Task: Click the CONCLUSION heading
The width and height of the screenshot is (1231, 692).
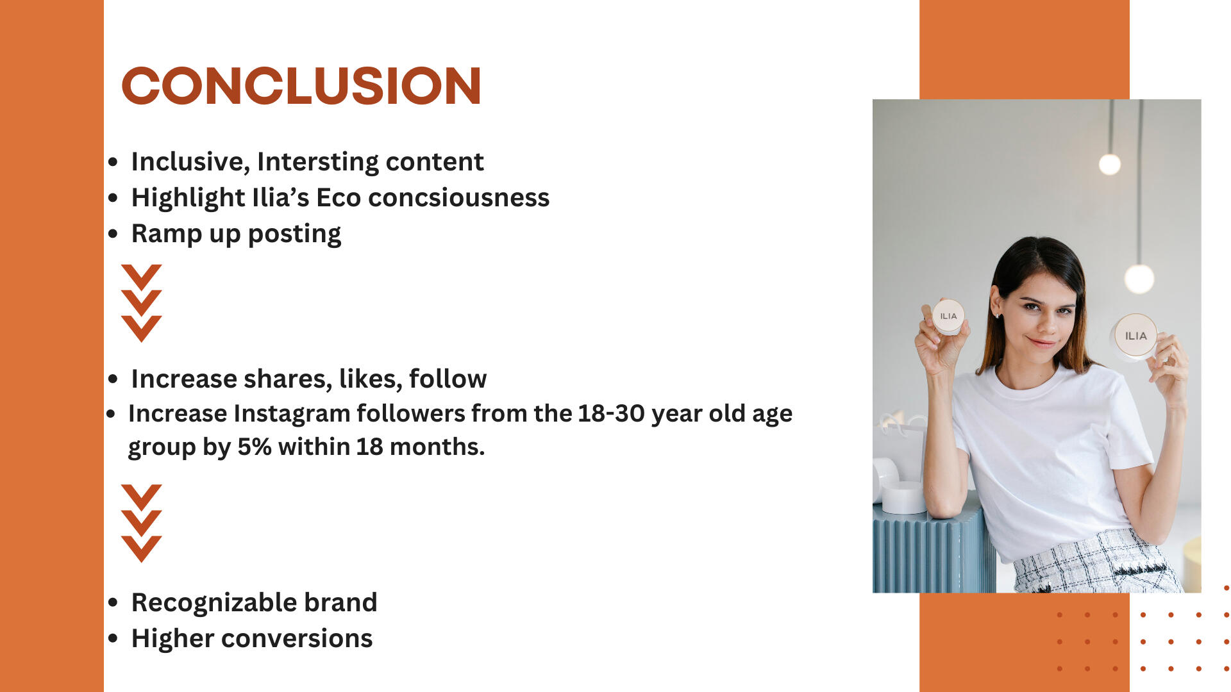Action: tap(301, 86)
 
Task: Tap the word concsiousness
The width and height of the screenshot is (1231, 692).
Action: tap(458, 197)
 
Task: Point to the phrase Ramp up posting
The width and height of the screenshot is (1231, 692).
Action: tap(236, 234)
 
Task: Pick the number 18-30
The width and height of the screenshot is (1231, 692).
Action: tap(611, 413)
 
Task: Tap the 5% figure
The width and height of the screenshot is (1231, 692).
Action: tap(255, 447)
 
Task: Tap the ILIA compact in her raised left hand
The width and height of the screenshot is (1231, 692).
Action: tap(948, 317)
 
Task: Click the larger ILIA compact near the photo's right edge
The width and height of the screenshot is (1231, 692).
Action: tap(1135, 336)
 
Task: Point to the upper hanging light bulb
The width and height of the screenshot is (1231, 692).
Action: tap(1110, 165)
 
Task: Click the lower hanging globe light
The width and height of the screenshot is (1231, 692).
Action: tap(1139, 279)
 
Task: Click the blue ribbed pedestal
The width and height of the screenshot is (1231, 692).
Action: tap(933, 548)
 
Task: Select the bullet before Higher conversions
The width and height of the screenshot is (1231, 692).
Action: tap(113, 639)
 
